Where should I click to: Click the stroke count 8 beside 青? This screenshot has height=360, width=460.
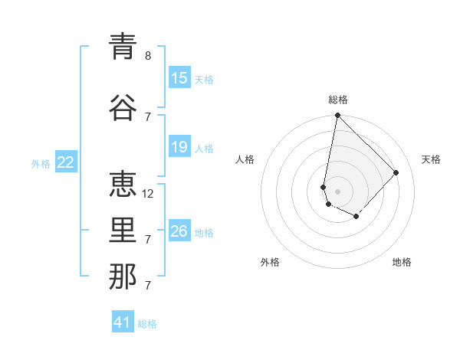(148, 56)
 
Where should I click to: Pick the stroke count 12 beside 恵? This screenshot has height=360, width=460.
(148, 193)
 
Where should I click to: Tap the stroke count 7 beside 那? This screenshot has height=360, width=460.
(148, 286)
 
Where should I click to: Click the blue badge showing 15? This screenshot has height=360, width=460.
(179, 78)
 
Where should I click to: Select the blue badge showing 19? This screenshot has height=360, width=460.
(179, 147)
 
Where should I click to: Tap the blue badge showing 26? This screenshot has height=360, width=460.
(179, 231)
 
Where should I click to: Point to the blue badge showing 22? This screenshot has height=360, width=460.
(66, 162)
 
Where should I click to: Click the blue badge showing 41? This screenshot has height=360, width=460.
(123, 322)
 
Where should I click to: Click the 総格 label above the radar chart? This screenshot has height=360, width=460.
(338, 100)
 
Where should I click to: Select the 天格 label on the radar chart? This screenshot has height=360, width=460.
(431, 159)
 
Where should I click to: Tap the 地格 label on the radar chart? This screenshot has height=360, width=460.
(402, 262)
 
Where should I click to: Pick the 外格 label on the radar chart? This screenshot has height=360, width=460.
(270, 262)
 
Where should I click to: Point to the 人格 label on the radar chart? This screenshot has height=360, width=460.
(245, 159)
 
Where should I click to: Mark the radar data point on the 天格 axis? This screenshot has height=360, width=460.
(396, 172)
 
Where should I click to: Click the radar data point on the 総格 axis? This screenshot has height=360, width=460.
(337, 116)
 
